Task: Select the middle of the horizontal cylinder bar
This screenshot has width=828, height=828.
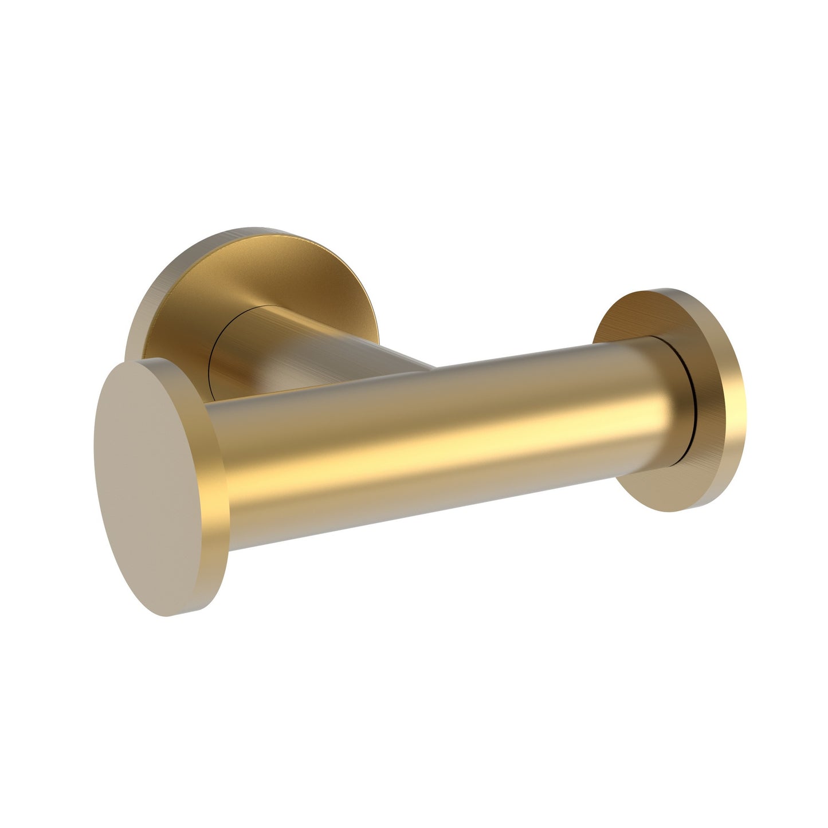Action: (x=447, y=447)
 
